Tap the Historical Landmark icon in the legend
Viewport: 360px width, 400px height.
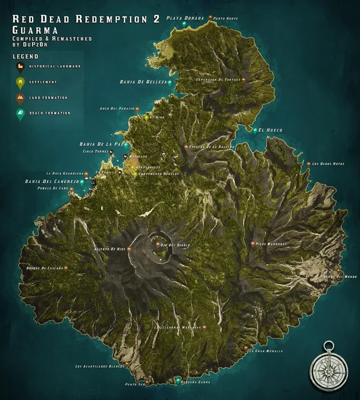click(20, 67)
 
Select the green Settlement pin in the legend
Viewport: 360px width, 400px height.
click(20, 83)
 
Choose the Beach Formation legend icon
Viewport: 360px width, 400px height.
click(20, 113)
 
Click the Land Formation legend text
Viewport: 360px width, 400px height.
click(45, 98)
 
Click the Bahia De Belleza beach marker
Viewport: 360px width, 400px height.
click(170, 82)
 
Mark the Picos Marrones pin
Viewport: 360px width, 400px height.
click(253, 244)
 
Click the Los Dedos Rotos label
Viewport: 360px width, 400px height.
click(328, 164)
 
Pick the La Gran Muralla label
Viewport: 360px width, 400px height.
click(265, 351)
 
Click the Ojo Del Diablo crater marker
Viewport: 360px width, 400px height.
click(156, 245)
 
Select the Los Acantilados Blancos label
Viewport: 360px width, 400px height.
click(100, 367)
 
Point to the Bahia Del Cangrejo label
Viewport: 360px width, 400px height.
click(50, 182)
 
